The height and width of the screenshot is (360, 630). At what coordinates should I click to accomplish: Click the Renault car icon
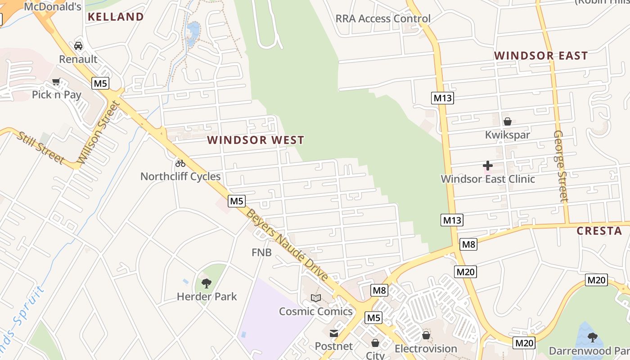78,46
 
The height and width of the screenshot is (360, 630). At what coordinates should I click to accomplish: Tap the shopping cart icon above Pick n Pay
56,82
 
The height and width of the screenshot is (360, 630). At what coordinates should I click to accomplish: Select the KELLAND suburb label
116,17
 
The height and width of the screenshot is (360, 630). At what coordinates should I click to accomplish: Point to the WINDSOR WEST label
256,140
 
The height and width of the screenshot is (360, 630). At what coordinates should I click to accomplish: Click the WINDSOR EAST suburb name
541,56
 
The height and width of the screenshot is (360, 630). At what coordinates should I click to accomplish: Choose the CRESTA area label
599,231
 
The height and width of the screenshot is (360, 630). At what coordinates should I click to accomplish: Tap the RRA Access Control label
383,19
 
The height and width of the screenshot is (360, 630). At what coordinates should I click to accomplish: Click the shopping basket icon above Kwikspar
508,121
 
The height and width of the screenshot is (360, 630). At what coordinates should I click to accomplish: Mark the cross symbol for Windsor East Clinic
488,166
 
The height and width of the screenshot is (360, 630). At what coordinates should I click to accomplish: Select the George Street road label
561,166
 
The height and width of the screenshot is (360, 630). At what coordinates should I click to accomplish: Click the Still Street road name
41,148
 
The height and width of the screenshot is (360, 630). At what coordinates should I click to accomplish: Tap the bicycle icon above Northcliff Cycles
180,163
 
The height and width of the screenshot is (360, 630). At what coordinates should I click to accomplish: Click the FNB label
261,252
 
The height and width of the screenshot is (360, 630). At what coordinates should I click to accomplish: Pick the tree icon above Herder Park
207,283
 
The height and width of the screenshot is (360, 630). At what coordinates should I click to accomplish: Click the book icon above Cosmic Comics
316,298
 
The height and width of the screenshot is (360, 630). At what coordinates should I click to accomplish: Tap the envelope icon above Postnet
334,333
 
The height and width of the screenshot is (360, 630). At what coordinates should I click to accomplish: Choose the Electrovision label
426,349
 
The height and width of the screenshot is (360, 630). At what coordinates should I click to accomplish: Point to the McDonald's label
53,7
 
